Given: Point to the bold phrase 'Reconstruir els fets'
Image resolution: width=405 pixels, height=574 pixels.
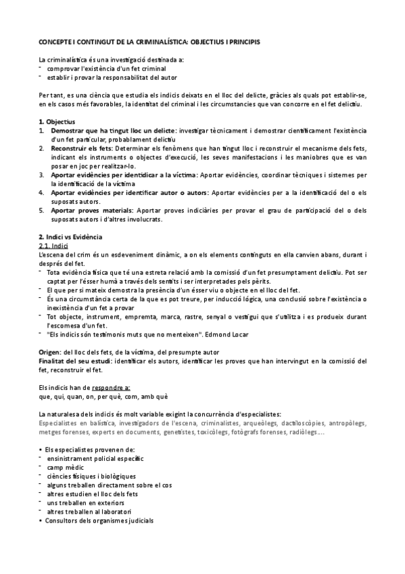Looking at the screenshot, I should coord(82,148).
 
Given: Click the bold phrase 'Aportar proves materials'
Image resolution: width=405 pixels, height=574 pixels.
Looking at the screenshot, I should coord(89,210).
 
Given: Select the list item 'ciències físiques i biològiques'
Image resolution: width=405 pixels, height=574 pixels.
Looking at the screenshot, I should coord(96,476).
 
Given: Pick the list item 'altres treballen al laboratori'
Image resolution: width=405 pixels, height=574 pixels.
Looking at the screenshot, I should coord(95,511).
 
